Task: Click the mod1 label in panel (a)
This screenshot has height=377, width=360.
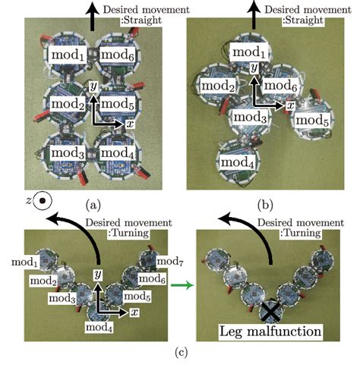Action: tap(67, 54)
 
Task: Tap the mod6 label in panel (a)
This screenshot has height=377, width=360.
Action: tap(118, 54)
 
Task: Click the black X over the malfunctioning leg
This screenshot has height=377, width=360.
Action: tap(269, 309)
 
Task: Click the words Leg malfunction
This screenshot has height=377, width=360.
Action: tap(270, 332)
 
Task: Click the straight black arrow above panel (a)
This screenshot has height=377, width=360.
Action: tap(93, 14)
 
